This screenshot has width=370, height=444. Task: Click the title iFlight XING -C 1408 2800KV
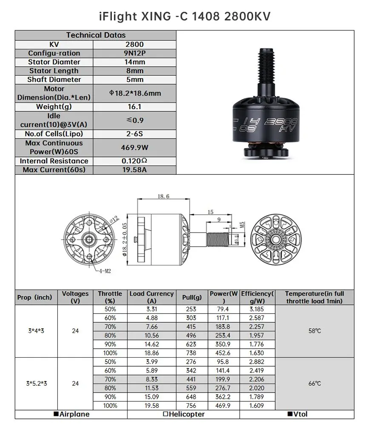185,16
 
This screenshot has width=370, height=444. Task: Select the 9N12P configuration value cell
134,53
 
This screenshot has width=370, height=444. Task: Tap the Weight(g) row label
54,107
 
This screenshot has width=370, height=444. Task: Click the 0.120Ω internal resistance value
134,161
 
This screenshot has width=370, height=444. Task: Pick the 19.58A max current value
134,170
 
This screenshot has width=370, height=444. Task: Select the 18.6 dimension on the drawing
163,196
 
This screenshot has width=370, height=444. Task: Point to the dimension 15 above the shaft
211,212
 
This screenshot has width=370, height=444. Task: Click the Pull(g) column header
192,297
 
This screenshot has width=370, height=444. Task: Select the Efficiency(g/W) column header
257,297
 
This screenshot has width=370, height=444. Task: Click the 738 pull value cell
192,353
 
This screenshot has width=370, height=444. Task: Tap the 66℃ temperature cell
315,384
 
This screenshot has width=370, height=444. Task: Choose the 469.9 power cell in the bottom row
223,406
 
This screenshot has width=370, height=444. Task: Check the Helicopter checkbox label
184,414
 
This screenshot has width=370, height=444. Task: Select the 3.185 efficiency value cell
257,309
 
